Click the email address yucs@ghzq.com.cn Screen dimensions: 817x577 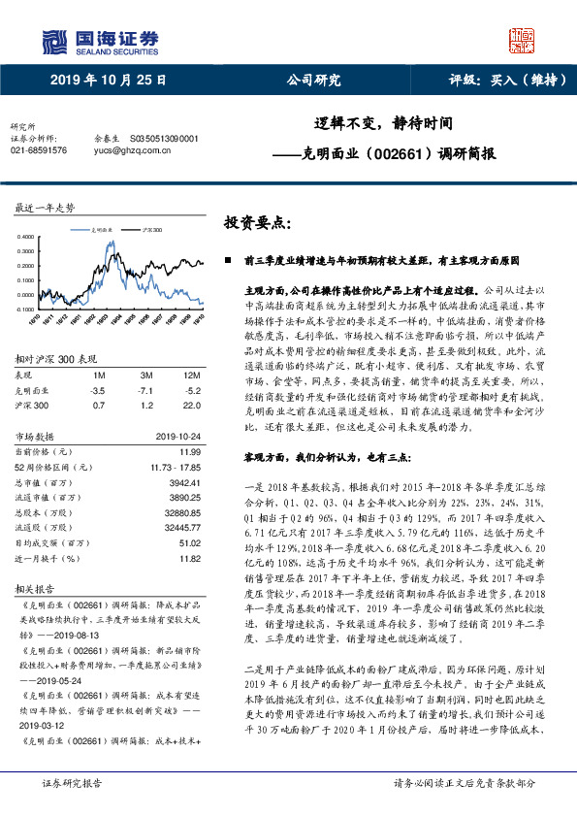pyautogui.click(x=129, y=150)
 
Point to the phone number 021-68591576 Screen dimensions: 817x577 pyautogui.click(x=39, y=150)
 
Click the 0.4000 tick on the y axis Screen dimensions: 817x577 pyautogui.click(x=26, y=236)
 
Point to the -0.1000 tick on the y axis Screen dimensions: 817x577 pyautogui.click(x=25, y=310)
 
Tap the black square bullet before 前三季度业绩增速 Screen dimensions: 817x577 pyautogui.click(x=228, y=261)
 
